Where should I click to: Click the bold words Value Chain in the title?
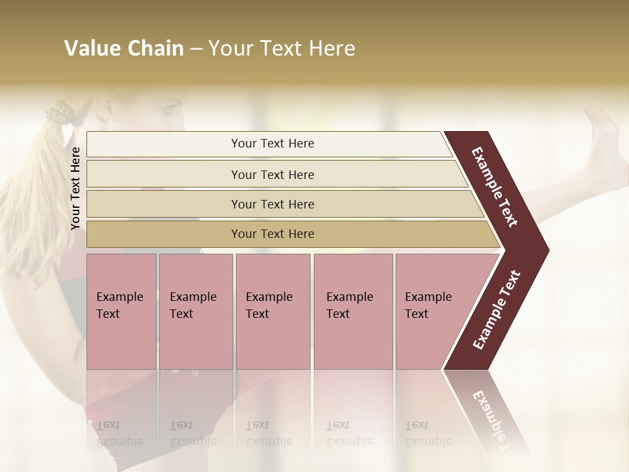pos(124,49)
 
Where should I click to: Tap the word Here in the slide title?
pos(331,49)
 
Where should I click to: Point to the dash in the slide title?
pos(196,49)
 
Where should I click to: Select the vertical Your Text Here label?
pos(75,188)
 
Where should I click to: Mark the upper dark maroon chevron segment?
pos(495,187)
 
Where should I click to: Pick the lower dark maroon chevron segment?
pos(497,311)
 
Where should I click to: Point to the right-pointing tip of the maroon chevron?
pos(545,250)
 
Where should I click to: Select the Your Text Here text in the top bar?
pos(273,144)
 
